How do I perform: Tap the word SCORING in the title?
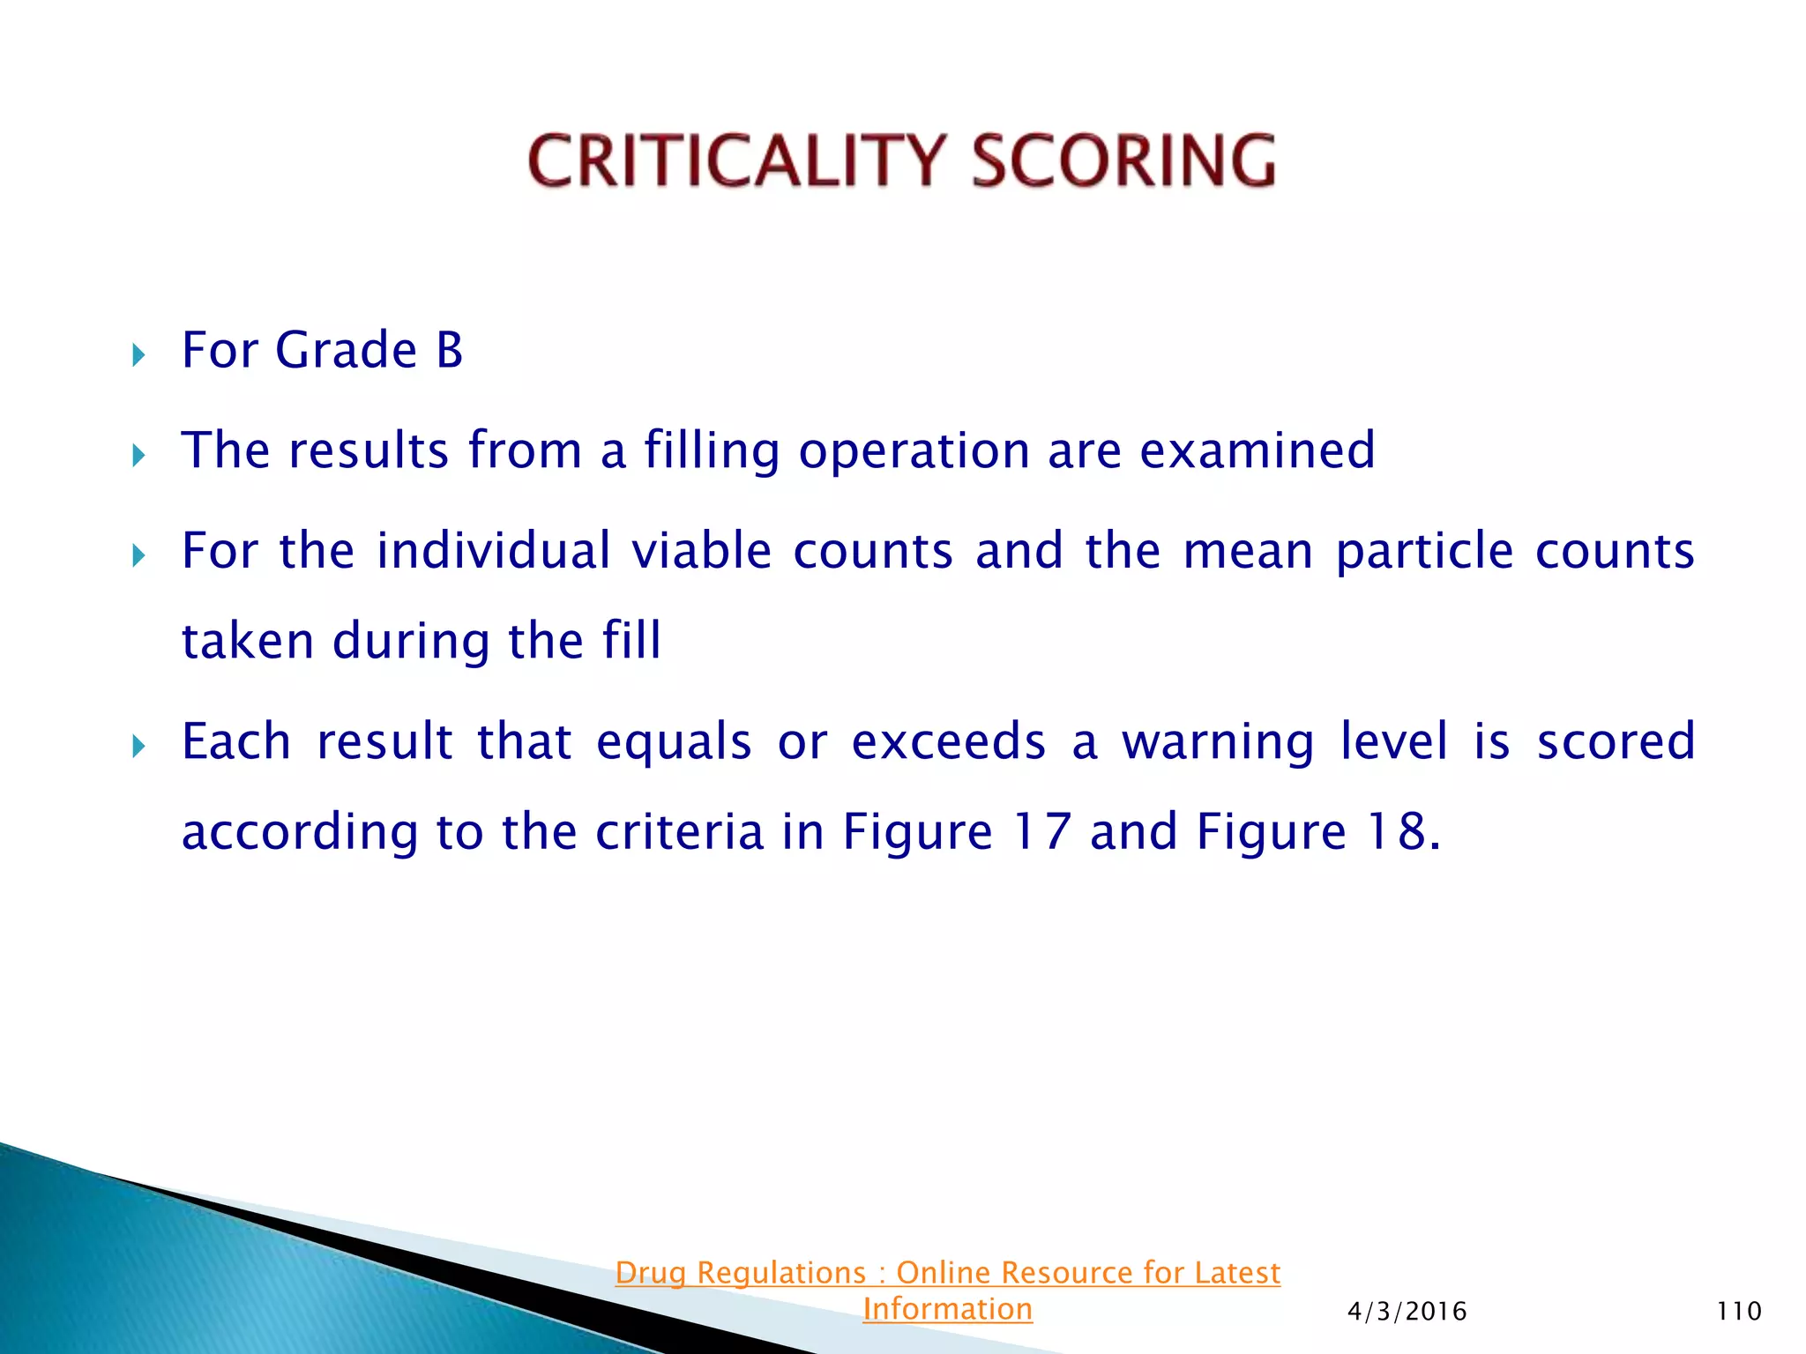coord(1123,161)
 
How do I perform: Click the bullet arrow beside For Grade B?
coord(138,355)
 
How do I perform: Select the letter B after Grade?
coord(449,350)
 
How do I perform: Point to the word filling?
coord(712,450)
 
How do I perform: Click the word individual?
coord(493,551)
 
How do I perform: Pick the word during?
coord(411,641)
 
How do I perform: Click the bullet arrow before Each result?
coord(138,748)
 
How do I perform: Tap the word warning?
coord(1218,742)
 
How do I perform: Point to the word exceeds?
coord(948,741)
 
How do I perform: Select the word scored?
coord(1616,741)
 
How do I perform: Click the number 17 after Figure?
coord(1041,831)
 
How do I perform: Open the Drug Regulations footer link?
coord(947,1273)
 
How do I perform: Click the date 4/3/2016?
coord(1407,1312)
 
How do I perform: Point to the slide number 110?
coord(1738,1312)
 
